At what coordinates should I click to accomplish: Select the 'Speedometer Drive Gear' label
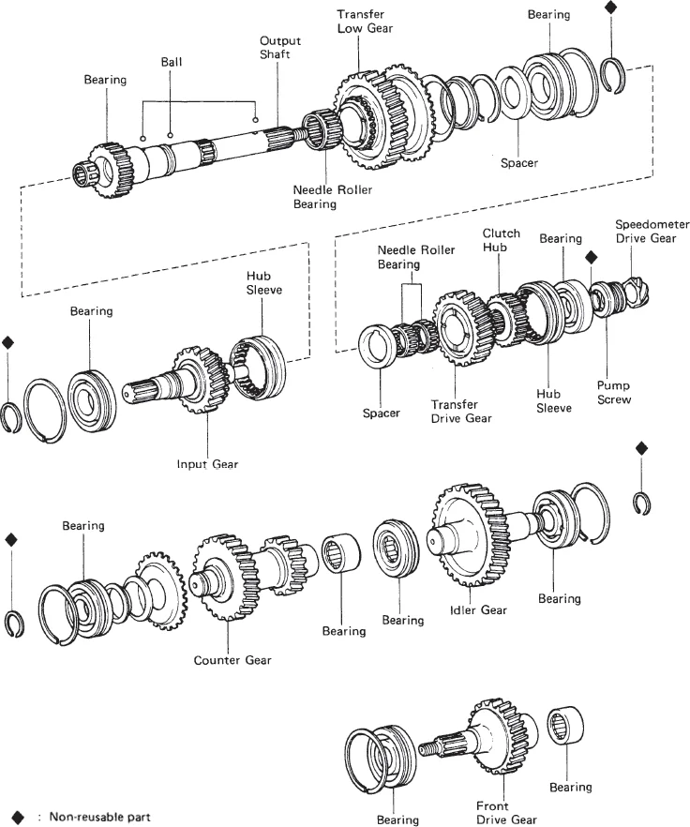(652, 231)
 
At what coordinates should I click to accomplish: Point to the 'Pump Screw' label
(613, 392)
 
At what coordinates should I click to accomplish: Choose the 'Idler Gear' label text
(479, 610)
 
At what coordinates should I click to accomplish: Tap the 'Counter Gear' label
(232, 660)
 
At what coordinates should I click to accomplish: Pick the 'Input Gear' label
(206, 463)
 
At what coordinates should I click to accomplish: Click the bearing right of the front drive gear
(565, 727)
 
